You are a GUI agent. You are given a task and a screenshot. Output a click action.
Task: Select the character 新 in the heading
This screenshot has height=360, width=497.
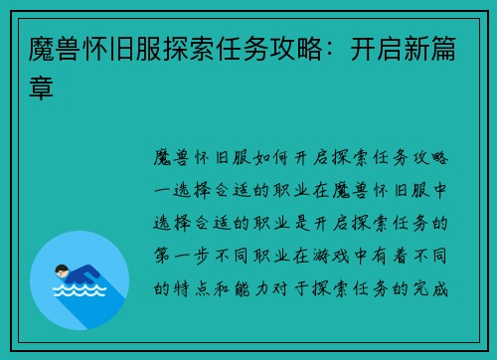(409, 50)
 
